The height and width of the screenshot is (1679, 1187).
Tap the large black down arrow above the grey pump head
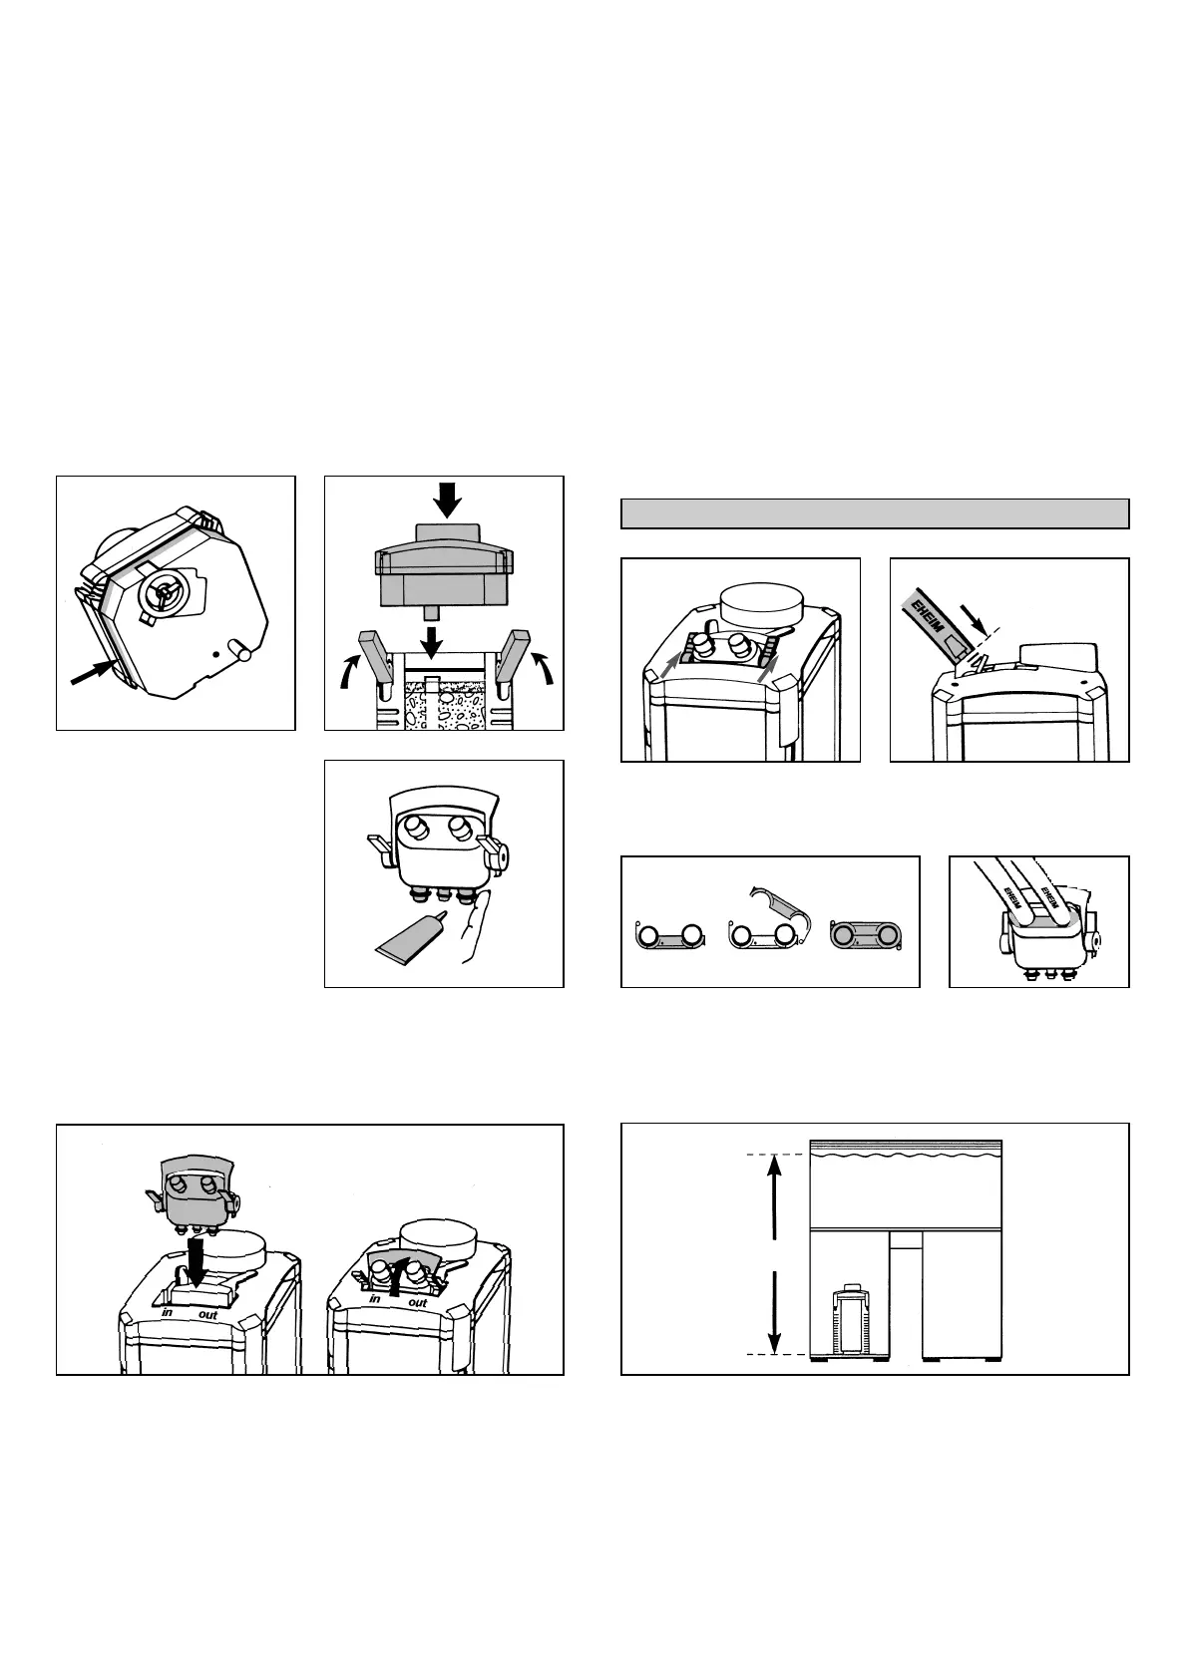(x=448, y=500)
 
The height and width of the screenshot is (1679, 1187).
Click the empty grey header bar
(x=875, y=513)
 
